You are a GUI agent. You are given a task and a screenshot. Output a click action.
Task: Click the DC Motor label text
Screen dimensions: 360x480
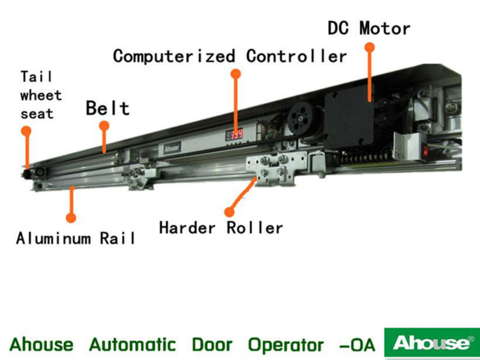[x=368, y=28]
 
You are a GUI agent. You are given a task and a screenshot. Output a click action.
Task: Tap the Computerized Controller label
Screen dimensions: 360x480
[x=230, y=56]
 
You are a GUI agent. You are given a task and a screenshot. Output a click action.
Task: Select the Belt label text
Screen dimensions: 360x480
[x=107, y=108]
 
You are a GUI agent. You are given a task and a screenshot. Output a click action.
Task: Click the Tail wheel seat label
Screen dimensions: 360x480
[x=40, y=95]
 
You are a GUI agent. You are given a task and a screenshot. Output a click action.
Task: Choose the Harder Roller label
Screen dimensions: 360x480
[x=221, y=228]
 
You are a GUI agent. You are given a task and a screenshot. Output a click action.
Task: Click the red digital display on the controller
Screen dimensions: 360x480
[x=235, y=135]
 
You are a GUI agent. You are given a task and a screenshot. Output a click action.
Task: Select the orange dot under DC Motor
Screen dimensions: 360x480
[x=370, y=46]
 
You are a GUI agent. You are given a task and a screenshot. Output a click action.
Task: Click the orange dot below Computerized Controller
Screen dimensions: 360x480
[x=236, y=73]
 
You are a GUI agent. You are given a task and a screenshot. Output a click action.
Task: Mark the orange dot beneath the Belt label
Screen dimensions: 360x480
[x=104, y=126]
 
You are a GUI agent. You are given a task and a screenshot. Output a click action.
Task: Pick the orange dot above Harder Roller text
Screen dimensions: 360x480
[x=229, y=211]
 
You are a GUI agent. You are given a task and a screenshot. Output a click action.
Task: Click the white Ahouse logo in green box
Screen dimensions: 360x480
[x=431, y=343]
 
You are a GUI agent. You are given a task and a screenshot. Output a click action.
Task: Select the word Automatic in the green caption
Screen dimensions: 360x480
[x=133, y=345]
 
